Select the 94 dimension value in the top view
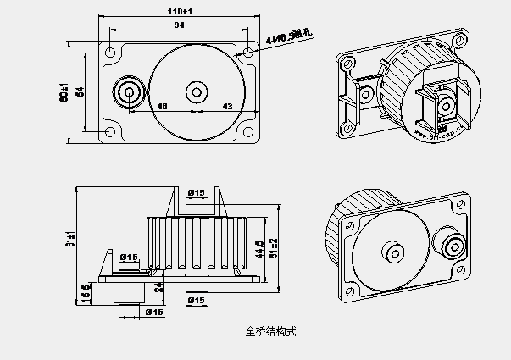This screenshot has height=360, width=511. click(179, 27)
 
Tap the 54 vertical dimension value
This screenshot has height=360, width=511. click(81, 91)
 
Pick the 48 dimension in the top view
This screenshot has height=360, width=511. click(163, 106)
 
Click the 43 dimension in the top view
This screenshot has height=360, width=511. click(227, 106)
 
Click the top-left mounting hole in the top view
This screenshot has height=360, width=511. click(111, 53)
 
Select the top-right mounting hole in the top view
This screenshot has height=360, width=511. click(247, 53)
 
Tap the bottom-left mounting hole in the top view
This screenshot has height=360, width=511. click(111, 130)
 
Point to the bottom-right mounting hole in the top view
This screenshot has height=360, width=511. click(247, 130)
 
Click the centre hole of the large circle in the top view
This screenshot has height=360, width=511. click(196, 91)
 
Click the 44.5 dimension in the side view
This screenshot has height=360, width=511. click(259, 246)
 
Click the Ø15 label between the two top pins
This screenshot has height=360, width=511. click(196, 193)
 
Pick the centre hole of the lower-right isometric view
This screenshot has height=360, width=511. click(394, 254)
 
